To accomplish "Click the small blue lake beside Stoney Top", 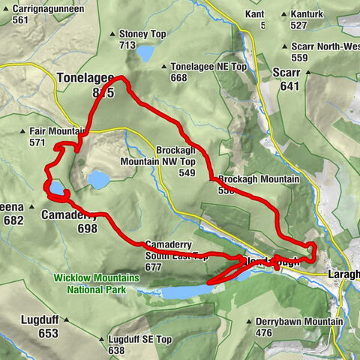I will (x=145, y=52).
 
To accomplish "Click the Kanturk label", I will (x=308, y=14).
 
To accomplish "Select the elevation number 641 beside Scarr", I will (x=288, y=85).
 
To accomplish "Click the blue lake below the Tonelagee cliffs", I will (x=97, y=179).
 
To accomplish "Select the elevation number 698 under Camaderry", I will (x=87, y=229).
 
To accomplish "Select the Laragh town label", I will (x=343, y=274).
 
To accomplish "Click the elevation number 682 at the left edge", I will (x=13, y=220).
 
